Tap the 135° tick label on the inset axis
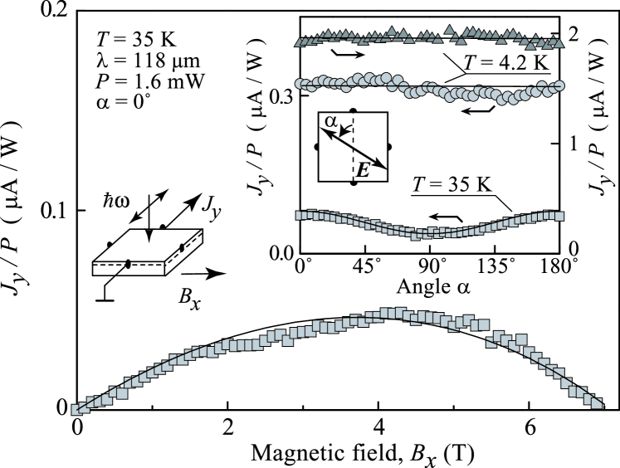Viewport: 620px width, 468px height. (x=494, y=268)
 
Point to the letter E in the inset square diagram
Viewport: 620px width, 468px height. (x=362, y=169)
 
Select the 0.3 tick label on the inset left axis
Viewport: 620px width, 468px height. (x=281, y=96)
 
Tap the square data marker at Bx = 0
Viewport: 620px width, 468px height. (x=78, y=408)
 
